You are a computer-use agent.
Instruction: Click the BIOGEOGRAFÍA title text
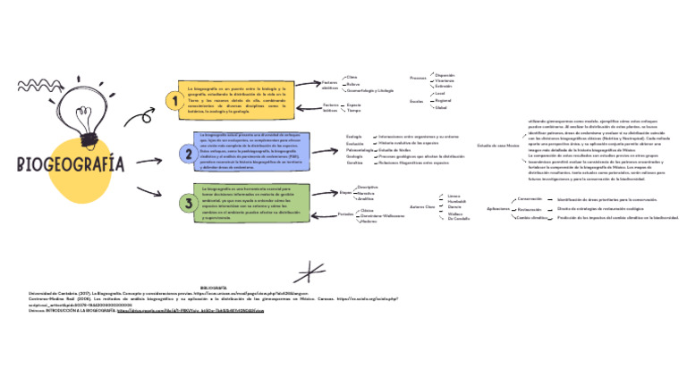70,165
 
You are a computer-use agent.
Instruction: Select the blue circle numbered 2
189,155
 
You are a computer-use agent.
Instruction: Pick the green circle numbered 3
189,204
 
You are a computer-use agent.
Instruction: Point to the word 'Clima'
352,77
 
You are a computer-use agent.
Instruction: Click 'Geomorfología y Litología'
369,90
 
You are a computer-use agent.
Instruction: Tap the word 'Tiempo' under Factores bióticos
354,111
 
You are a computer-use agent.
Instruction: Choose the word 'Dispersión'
445,75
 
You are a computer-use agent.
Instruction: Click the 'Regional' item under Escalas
442,100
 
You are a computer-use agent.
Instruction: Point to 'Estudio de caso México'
497,145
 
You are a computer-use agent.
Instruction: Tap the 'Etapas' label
345,191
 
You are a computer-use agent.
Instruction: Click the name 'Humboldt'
456,201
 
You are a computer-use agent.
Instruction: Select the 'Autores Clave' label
421,206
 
